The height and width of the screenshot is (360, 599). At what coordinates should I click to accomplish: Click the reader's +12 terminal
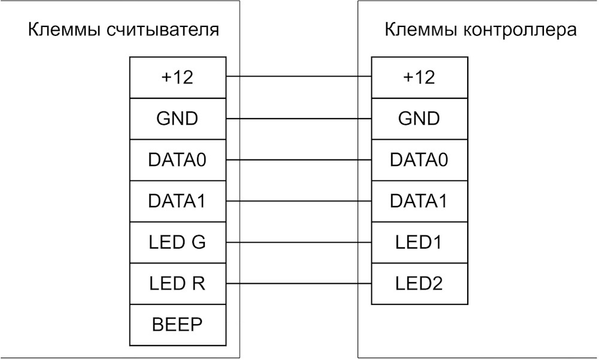(178, 78)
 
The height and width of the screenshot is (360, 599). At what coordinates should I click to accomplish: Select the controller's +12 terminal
(419, 78)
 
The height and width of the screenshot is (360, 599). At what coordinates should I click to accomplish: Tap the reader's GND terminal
(178, 119)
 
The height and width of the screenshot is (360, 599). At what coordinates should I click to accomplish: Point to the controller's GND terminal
(419, 119)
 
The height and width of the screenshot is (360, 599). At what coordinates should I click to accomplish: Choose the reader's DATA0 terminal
(178, 160)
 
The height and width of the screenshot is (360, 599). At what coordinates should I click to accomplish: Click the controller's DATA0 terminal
(419, 160)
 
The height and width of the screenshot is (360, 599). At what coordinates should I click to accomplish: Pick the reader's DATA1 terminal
(178, 201)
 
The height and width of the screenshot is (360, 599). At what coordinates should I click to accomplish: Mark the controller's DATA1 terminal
(419, 201)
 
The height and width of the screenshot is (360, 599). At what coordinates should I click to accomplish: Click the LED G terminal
(178, 243)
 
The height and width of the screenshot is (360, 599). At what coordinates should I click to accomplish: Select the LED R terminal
(178, 284)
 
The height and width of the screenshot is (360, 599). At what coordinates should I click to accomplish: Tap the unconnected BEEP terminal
(178, 325)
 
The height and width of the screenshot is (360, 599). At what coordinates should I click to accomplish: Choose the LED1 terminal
(419, 243)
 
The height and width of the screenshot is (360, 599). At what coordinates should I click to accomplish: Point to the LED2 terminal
(419, 284)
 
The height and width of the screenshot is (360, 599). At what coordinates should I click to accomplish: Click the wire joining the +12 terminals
(299, 77)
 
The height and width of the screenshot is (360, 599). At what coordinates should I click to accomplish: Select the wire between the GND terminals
(299, 119)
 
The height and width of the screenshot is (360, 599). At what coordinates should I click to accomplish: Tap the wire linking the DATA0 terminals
(299, 160)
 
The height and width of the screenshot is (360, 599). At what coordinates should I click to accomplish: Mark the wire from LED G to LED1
(299, 242)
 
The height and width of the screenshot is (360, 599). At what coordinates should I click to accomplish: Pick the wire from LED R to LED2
(299, 283)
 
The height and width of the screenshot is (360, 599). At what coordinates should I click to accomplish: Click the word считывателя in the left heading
(163, 31)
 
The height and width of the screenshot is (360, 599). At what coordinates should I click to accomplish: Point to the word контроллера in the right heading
(520, 31)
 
